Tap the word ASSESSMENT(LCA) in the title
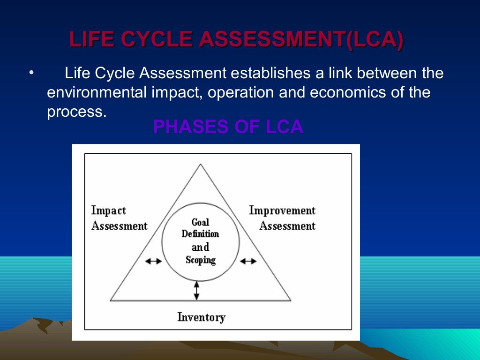coord(300,39)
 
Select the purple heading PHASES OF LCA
coord(228,127)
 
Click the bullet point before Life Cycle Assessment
coord(31,73)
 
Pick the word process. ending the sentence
coord(74,112)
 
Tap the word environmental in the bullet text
coord(97,92)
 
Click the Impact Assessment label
coord(119,218)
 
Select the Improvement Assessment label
coord(282,218)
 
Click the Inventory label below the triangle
coord(201,317)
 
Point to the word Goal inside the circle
coord(200,222)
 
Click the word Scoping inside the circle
coord(200,260)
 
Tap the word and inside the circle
coord(200,247)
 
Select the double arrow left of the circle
coord(154,261)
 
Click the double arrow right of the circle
coord(248,261)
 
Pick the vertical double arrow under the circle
coord(196,290)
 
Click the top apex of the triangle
coord(201,164)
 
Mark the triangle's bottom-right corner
coord(291,300)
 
